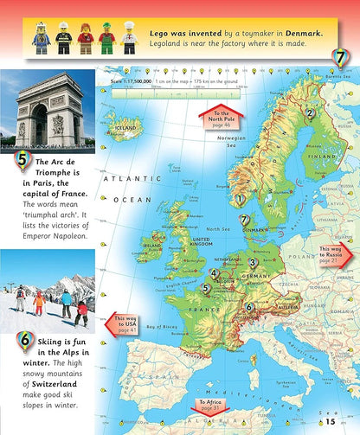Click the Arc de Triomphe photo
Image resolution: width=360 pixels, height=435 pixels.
(x=47, y=108)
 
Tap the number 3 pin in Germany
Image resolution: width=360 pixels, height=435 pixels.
(x=253, y=264)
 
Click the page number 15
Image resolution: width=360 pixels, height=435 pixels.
(x=331, y=422)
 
